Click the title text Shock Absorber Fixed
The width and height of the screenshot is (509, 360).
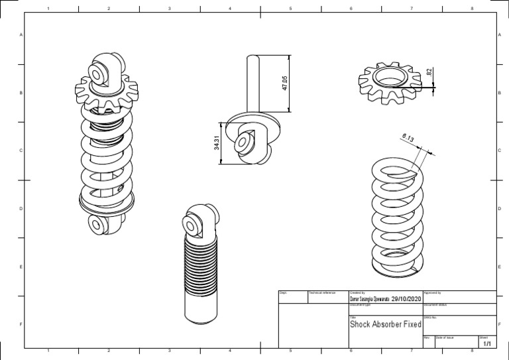(385, 325)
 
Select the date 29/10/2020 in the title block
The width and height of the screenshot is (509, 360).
(406, 299)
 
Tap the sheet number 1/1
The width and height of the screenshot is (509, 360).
(487, 344)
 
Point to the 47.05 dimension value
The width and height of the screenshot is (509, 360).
(285, 83)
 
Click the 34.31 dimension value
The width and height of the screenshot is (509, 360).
(217, 143)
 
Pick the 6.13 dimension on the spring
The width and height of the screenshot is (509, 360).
(408, 139)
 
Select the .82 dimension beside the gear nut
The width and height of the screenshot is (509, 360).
(429, 72)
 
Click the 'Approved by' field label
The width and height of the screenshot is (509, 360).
(432, 292)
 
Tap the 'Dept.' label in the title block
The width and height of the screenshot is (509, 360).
(283, 292)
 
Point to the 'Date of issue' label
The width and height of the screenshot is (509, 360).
(445, 337)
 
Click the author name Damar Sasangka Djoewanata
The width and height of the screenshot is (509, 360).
(369, 299)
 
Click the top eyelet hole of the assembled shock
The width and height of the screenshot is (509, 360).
(100, 72)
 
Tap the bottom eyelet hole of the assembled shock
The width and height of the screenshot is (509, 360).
(95, 225)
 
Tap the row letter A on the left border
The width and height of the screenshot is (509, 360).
(22, 34)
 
